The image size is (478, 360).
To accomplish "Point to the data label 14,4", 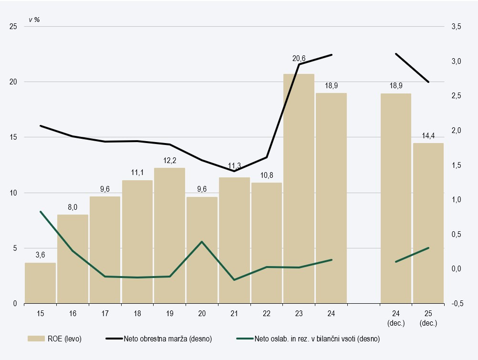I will coord(428,136).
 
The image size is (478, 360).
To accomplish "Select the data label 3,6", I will coord(40,255).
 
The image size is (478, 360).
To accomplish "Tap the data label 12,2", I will coord(169,160).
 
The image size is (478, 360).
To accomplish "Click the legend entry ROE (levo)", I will coord(55,339).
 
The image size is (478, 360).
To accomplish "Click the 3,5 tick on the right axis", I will coord(456,27).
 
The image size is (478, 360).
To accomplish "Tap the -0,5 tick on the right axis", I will coord(456,303).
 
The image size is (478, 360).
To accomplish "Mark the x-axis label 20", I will coord(202,313).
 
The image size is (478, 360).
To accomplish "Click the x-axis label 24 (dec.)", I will coord(396,318).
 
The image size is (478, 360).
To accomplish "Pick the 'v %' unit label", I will coord(34,20).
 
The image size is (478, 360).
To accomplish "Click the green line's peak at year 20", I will coord(202,242).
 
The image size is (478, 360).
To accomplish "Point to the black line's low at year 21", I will coord(234,171).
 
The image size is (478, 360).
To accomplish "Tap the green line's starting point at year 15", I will coord(41,212).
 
